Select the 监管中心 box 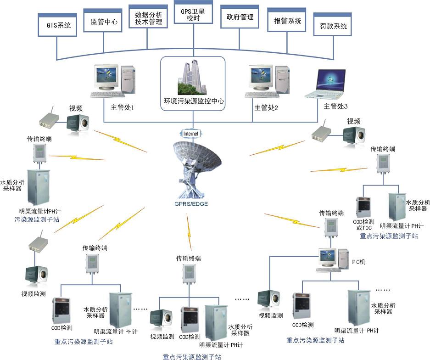pyautogui.click(x=103, y=21)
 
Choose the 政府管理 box pyautogui.click(x=240, y=17)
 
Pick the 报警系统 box pyautogui.click(x=287, y=21)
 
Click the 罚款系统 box pyautogui.click(x=333, y=26)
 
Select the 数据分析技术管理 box pyautogui.click(x=148, y=18)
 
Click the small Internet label pyautogui.click(x=191, y=134)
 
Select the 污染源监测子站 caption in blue pyautogui.click(x=37, y=220)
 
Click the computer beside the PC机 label pyautogui.click(x=331, y=259)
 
